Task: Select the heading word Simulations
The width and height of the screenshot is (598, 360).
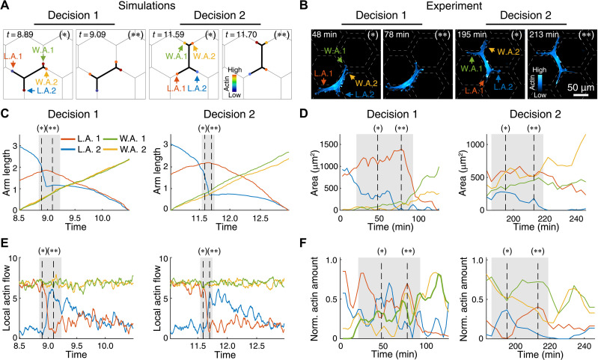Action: (x=147, y=5)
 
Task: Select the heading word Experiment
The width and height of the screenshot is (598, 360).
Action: (x=454, y=5)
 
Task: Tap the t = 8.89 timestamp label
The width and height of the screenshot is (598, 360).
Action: (x=18, y=34)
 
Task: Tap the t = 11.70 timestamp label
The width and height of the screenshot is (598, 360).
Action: (x=241, y=34)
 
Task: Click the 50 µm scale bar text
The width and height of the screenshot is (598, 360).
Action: (x=581, y=88)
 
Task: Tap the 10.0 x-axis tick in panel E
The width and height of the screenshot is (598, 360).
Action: (x=106, y=346)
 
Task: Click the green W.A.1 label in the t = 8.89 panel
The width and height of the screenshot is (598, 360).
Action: (x=43, y=49)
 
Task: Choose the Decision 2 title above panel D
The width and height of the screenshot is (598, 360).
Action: (x=535, y=115)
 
